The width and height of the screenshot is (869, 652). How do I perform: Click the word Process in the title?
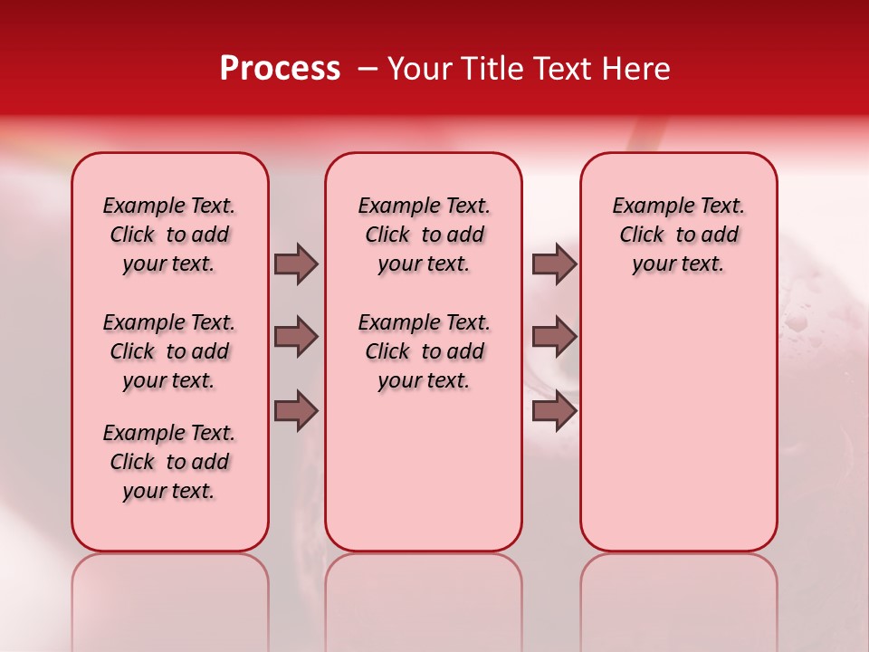coord(280,68)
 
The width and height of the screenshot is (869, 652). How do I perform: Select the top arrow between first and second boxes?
coord(296,264)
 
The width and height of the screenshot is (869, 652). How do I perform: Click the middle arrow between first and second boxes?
coord(296,337)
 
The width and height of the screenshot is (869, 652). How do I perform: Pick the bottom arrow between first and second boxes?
coord(296,411)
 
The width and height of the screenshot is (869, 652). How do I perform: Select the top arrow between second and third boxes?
coord(554,264)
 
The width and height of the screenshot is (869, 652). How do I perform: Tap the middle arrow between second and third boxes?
coord(554,337)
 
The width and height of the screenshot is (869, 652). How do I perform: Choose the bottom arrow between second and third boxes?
coord(554,411)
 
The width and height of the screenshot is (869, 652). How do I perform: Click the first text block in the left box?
coord(169,235)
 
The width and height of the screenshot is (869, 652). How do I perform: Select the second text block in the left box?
coord(169,351)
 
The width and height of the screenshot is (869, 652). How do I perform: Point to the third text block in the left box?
coord(169,462)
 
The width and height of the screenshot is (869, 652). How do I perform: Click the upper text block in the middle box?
coord(424,235)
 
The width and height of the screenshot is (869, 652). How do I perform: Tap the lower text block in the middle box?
coord(424,351)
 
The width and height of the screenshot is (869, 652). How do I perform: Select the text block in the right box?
coord(678,235)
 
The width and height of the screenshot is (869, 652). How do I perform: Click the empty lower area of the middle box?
coord(424,471)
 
